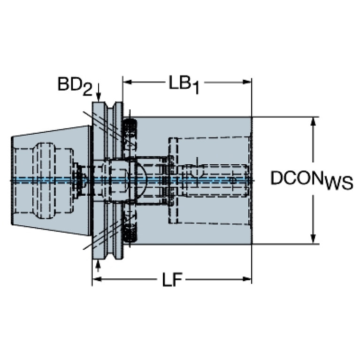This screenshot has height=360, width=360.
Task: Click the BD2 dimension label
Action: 75,86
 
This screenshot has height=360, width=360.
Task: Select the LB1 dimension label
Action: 184,84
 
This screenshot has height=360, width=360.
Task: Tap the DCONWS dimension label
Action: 312,180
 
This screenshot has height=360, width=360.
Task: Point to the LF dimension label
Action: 172,279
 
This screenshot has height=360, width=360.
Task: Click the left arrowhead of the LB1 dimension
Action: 127,82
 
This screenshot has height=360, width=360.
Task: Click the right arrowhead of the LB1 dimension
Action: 247,82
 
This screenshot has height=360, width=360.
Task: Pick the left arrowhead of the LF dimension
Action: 97,279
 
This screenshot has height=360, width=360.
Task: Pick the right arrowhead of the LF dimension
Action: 247,279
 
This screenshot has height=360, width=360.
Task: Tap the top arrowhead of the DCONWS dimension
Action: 313,122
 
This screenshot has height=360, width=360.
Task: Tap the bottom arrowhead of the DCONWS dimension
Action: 313,239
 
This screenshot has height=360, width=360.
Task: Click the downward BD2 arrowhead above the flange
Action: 99,97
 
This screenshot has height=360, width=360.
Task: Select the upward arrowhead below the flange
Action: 99,264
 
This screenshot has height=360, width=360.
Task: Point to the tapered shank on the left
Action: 51,180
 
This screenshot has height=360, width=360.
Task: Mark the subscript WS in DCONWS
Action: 339,183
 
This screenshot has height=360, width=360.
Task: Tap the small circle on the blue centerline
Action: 232,180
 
